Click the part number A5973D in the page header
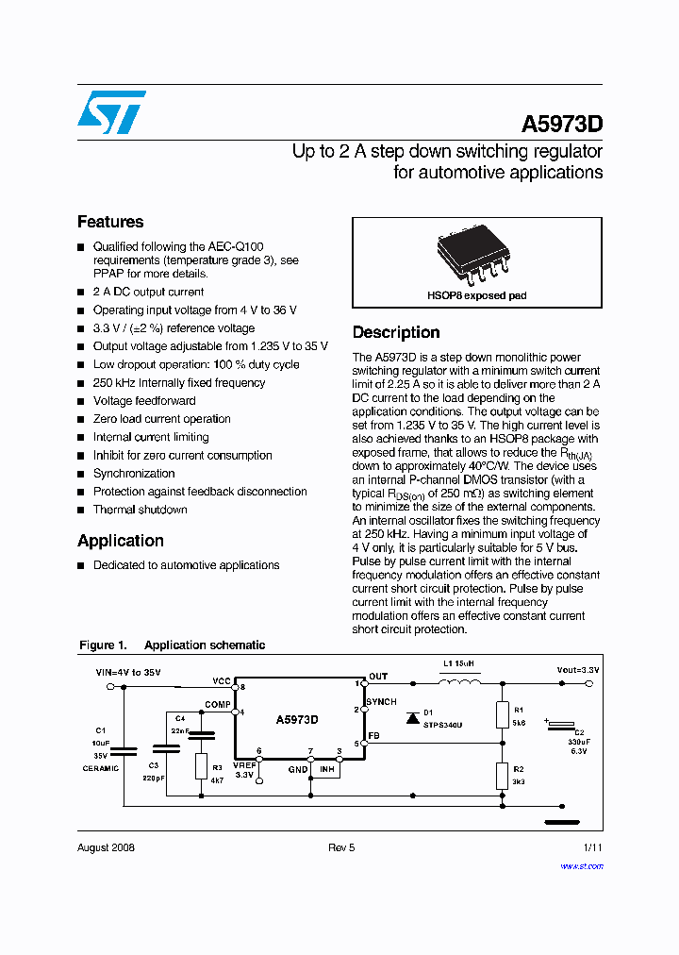pos(562,125)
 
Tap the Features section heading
pos(110,222)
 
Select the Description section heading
pos(396,332)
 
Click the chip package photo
pos(476,257)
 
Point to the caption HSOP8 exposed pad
pos(476,295)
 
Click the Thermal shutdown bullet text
pos(140,510)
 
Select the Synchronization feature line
pos(134,474)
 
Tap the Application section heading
pos(121,541)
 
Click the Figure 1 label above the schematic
pos(102,645)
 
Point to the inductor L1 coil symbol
pos(461,683)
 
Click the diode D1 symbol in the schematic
pos(412,718)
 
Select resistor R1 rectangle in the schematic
pos(502,714)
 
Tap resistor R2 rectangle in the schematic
pos(502,776)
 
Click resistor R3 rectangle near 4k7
pos(201,765)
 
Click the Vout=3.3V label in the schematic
pos(577,669)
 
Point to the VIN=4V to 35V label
pos(129,673)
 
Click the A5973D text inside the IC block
pos(297,719)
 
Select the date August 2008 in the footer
pos(106,847)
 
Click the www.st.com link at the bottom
pos(584,865)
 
